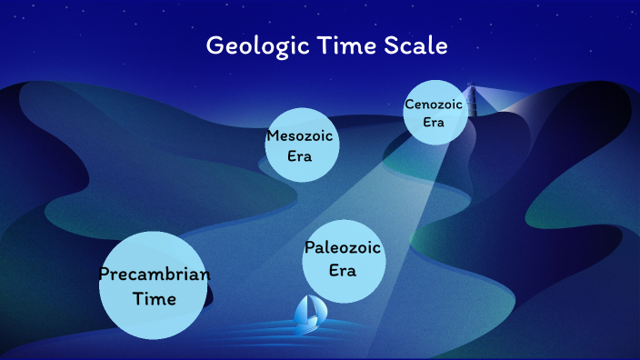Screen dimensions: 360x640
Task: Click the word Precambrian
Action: pos(154,275)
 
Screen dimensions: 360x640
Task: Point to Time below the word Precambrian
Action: pos(154,298)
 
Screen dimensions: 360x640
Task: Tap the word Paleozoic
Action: pos(343,248)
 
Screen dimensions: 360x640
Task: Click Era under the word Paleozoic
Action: pos(343,270)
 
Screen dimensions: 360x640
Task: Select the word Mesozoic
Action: pos(301,136)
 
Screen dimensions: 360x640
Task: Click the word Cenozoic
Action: pos(434,105)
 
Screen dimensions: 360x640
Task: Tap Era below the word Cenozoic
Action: pos(434,123)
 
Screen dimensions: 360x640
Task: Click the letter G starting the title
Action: pos(215,45)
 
